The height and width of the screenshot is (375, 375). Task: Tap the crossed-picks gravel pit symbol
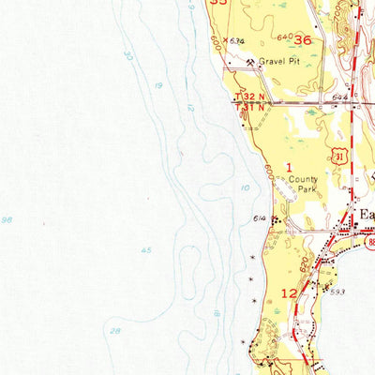(x=252, y=63)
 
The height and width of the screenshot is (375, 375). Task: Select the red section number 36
(x=302, y=40)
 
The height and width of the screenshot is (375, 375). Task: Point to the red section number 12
(x=290, y=293)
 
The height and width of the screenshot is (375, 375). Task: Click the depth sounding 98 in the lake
(x=7, y=219)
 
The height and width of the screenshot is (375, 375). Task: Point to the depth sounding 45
(x=145, y=249)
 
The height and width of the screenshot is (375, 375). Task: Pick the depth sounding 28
(x=113, y=331)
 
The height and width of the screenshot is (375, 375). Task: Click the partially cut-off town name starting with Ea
(x=367, y=215)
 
